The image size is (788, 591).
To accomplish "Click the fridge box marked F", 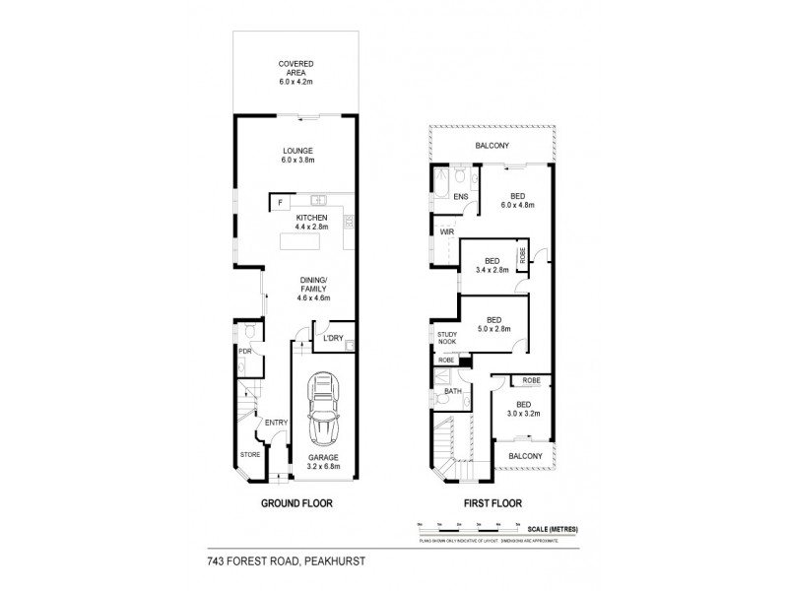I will point(279,202).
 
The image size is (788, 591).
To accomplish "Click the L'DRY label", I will point(333,339).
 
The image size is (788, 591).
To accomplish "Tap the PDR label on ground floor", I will point(243,351).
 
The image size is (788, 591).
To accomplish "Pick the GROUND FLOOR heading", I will point(295,503).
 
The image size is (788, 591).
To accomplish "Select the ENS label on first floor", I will point(460,197).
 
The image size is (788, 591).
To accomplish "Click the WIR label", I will point(445,232).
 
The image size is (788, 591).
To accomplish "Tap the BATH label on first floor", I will point(452,391).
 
